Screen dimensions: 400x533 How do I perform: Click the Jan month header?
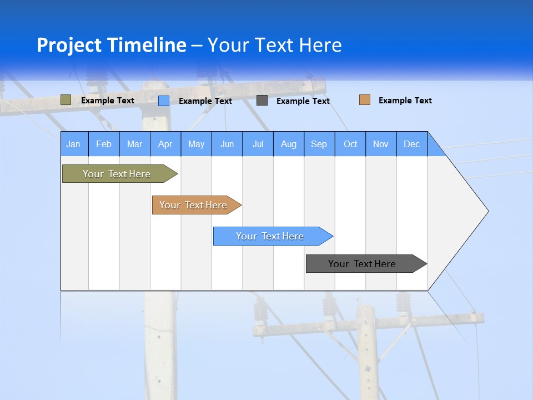coord(74,144)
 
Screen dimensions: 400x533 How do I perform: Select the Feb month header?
coord(104,144)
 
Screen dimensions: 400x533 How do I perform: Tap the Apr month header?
coord(165,144)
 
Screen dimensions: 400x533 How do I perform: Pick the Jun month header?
coord(227,144)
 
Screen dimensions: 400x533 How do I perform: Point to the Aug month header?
coord(289,144)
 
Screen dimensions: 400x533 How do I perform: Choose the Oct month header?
coord(350,144)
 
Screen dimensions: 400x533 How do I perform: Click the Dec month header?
coord(412,144)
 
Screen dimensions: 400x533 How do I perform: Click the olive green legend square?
coord(66,100)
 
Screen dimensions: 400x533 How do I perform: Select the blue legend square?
coord(164,101)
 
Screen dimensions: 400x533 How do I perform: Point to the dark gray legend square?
coord(262,101)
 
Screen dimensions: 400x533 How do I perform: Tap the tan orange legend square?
coord(365,100)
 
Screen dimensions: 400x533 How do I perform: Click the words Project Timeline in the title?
coord(111,45)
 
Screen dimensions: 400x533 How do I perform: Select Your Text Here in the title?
coord(275,45)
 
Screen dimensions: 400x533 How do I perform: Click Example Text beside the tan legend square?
coord(405,101)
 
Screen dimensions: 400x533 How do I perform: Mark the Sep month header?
coord(319,144)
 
